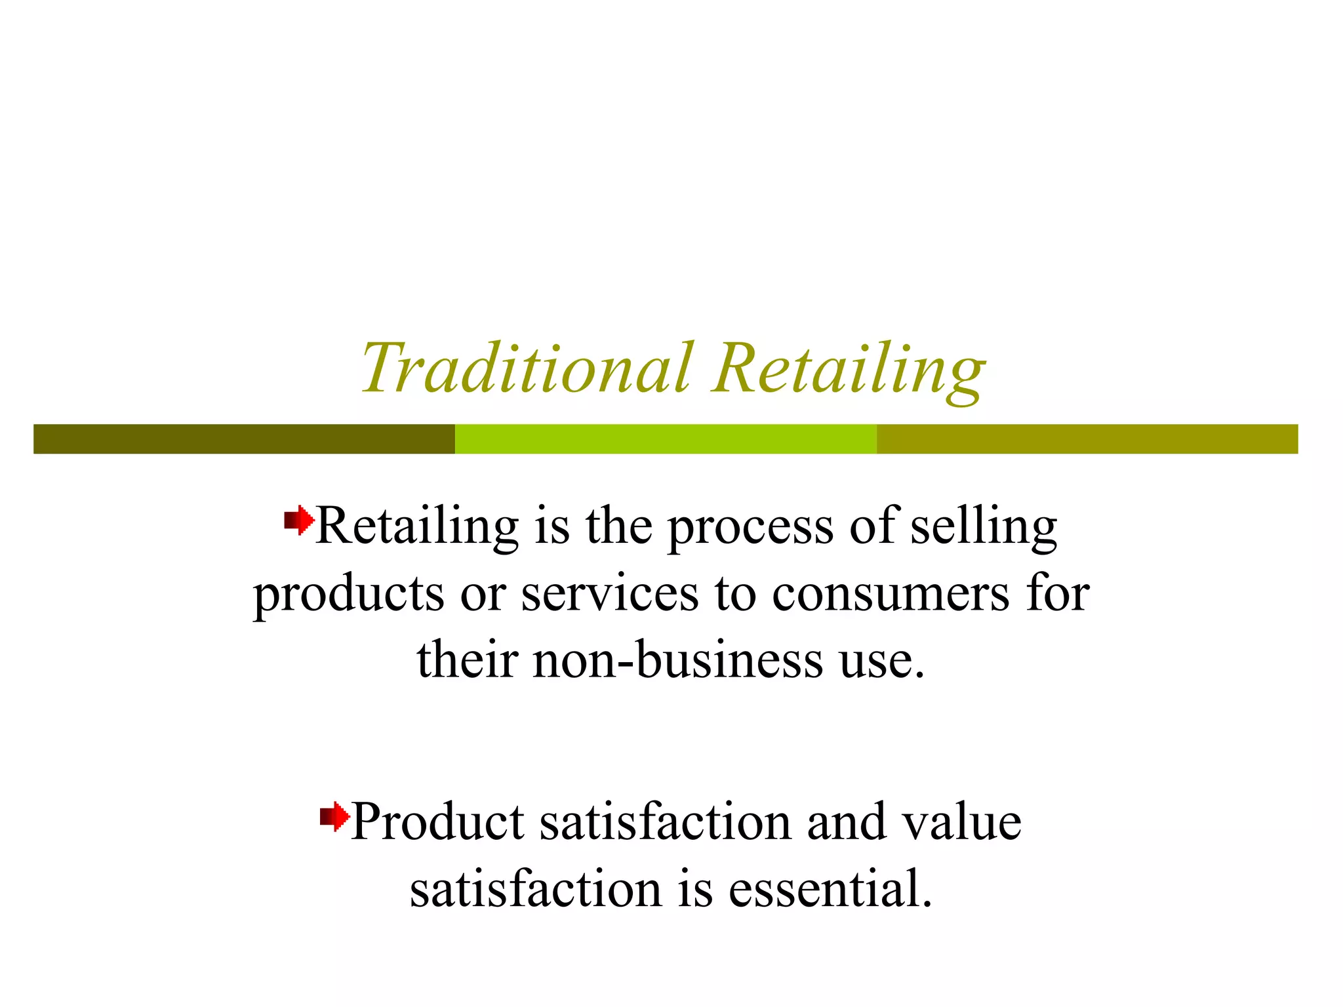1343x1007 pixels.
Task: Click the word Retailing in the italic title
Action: click(849, 369)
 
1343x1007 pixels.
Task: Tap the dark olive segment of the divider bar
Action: click(244, 439)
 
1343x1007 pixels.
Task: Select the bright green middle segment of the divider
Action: click(666, 439)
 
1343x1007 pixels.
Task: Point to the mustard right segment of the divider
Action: click(1087, 439)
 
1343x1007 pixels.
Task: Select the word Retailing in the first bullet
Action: click(418, 526)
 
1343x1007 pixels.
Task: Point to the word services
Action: click(610, 594)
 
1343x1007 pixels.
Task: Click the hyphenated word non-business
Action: click(678, 660)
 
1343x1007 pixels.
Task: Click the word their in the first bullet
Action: click(468, 660)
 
